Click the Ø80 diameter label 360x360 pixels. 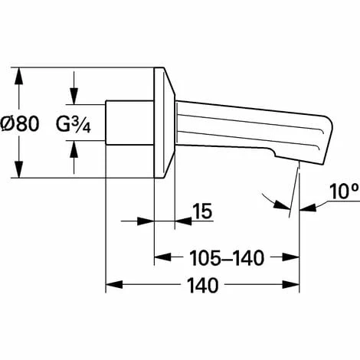coord(20,123)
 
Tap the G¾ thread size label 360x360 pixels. coord(74,125)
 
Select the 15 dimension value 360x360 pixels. coord(202,211)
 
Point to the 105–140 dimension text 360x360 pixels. coord(227,258)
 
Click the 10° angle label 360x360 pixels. coord(344,191)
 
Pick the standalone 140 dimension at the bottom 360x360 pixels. coord(203,285)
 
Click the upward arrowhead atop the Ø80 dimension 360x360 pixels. coord(19,76)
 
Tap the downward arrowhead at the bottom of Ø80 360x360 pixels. coord(19,169)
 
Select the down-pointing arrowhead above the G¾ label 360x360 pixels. coord(74,96)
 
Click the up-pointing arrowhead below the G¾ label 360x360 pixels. coord(74,149)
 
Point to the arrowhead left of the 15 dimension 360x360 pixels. coord(146,221)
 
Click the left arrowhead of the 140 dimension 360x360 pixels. coord(114,285)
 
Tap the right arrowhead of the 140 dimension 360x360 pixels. coord(291,285)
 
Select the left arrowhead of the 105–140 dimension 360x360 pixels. coord(162,257)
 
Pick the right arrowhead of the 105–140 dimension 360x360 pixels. coord(291,257)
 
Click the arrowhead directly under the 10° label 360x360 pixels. coord(308,208)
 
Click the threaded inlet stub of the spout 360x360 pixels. coord(129,123)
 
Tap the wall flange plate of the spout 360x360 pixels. coord(164,123)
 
